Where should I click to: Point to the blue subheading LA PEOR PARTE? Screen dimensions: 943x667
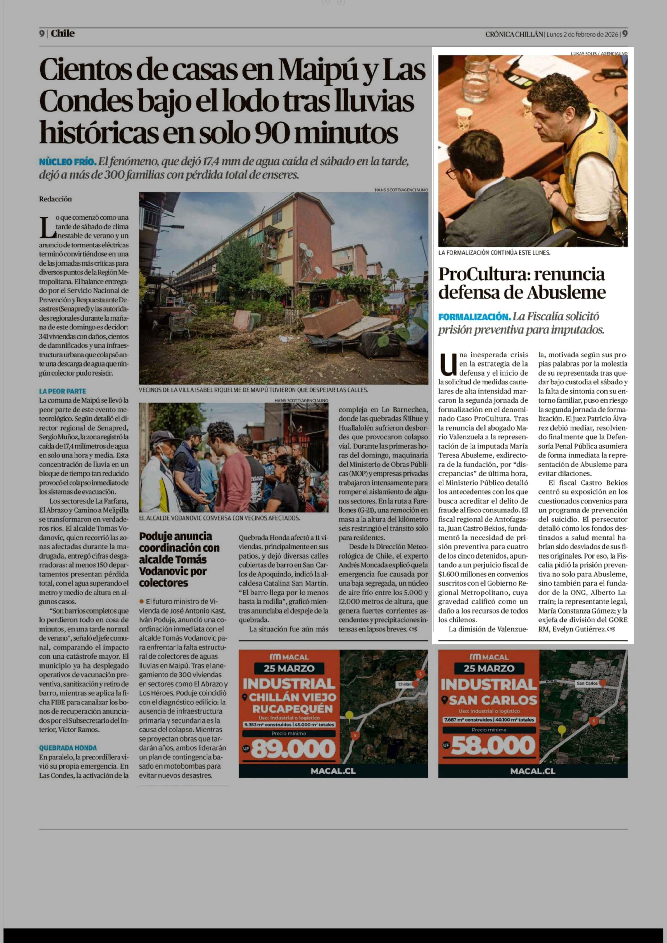pyautogui.click(x=62, y=391)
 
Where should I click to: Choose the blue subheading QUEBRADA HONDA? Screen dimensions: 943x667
pyautogui.click(x=68, y=748)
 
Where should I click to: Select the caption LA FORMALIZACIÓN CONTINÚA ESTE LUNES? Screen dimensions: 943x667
pyautogui.click(x=494, y=253)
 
